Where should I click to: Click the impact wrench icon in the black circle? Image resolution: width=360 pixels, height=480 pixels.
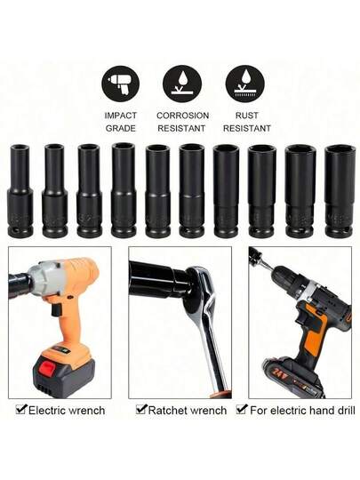click(x=120, y=84)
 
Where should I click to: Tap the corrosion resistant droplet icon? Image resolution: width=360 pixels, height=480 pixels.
click(x=182, y=84)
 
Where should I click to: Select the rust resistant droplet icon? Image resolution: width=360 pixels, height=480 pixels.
click(x=245, y=84)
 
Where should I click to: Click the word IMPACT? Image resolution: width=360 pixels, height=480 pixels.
click(x=121, y=116)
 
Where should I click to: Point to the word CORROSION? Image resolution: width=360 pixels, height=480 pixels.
click(x=183, y=116)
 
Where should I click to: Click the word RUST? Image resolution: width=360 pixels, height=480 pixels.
click(x=247, y=116)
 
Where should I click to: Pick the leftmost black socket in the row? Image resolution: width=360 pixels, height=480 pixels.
click(x=20, y=191)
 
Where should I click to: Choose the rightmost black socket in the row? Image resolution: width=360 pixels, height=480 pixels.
click(x=340, y=191)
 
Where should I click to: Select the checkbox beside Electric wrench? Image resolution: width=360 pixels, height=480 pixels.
click(x=21, y=409)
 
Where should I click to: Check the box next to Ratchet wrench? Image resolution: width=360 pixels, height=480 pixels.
click(x=141, y=409)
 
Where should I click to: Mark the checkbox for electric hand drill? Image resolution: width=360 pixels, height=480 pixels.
click(x=242, y=409)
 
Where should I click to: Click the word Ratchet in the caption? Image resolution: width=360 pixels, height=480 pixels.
click(x=168, y=411)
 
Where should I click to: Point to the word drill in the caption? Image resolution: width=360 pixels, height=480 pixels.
click(x=345, y=411)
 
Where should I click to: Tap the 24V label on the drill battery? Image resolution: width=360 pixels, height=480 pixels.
click(x=276, y=372)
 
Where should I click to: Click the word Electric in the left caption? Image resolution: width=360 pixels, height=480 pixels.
click(x=46, y=411)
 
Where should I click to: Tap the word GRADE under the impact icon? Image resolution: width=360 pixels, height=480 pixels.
click(x=121, y=128)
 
